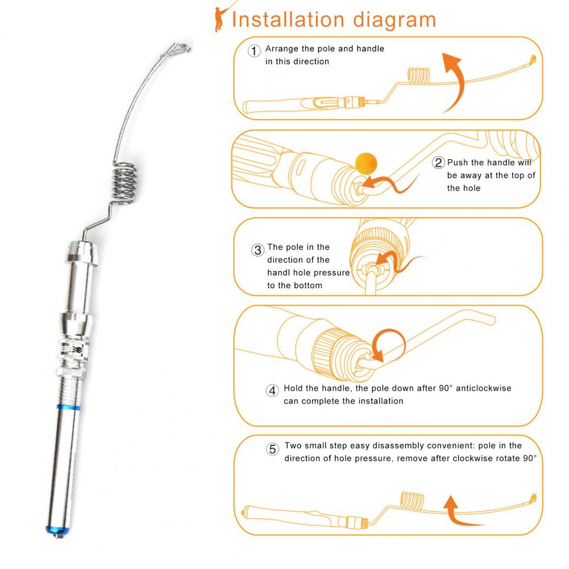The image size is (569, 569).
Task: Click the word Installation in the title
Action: click(x=288, y=19)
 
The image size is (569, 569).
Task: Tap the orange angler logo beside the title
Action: click(x=221, y=18)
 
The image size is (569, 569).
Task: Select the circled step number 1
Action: click(x=254, y=51)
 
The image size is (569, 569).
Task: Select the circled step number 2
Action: click(x=438, y=162)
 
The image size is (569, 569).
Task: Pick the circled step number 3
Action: click(x=257, y=250)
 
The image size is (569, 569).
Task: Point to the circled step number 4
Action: click(x=272, y=391)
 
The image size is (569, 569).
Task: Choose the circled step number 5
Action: click(x=272, y=449)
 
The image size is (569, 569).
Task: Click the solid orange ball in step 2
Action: click(x=366, y=164)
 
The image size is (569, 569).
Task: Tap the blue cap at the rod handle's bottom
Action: click(x=57, y=530)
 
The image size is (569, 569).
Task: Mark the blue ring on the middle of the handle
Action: click(x=68, y=407)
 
